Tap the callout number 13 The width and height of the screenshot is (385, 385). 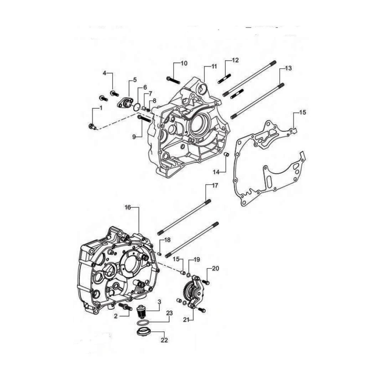pyautogui.click(x=288, y=68)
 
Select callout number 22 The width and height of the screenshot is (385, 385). pyautogui.click(x=164, y=340)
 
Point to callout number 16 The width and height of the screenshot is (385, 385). pyautogui.click(x=128, y=207)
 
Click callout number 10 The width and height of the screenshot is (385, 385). pyautogui.click(x=184, y=63)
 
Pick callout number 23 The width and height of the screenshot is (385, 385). pyautogui.click(x=169, y=313)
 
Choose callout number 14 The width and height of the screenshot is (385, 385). pyautogui.click(x=216, y=172)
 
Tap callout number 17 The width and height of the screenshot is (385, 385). pyautogui.click(x=215, y=185)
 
